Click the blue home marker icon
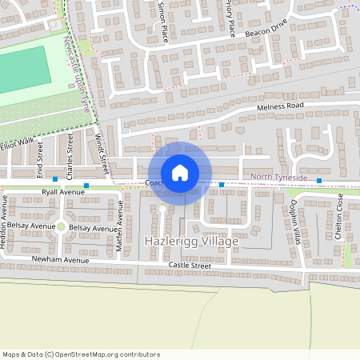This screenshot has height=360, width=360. pyautogui.click(x=180, y=173)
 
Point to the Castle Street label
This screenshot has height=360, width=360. pyautogui.click(x=190, y=265)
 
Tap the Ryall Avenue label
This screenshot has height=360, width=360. pyautogui.click(x=62, y=193)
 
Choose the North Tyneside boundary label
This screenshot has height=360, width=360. pyautogui.click(x=278, y=177)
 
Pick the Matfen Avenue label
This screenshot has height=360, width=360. pyautogui.click(x=120, y=231)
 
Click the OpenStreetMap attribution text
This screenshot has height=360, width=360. pyautogui.click(x=81, y=354)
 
